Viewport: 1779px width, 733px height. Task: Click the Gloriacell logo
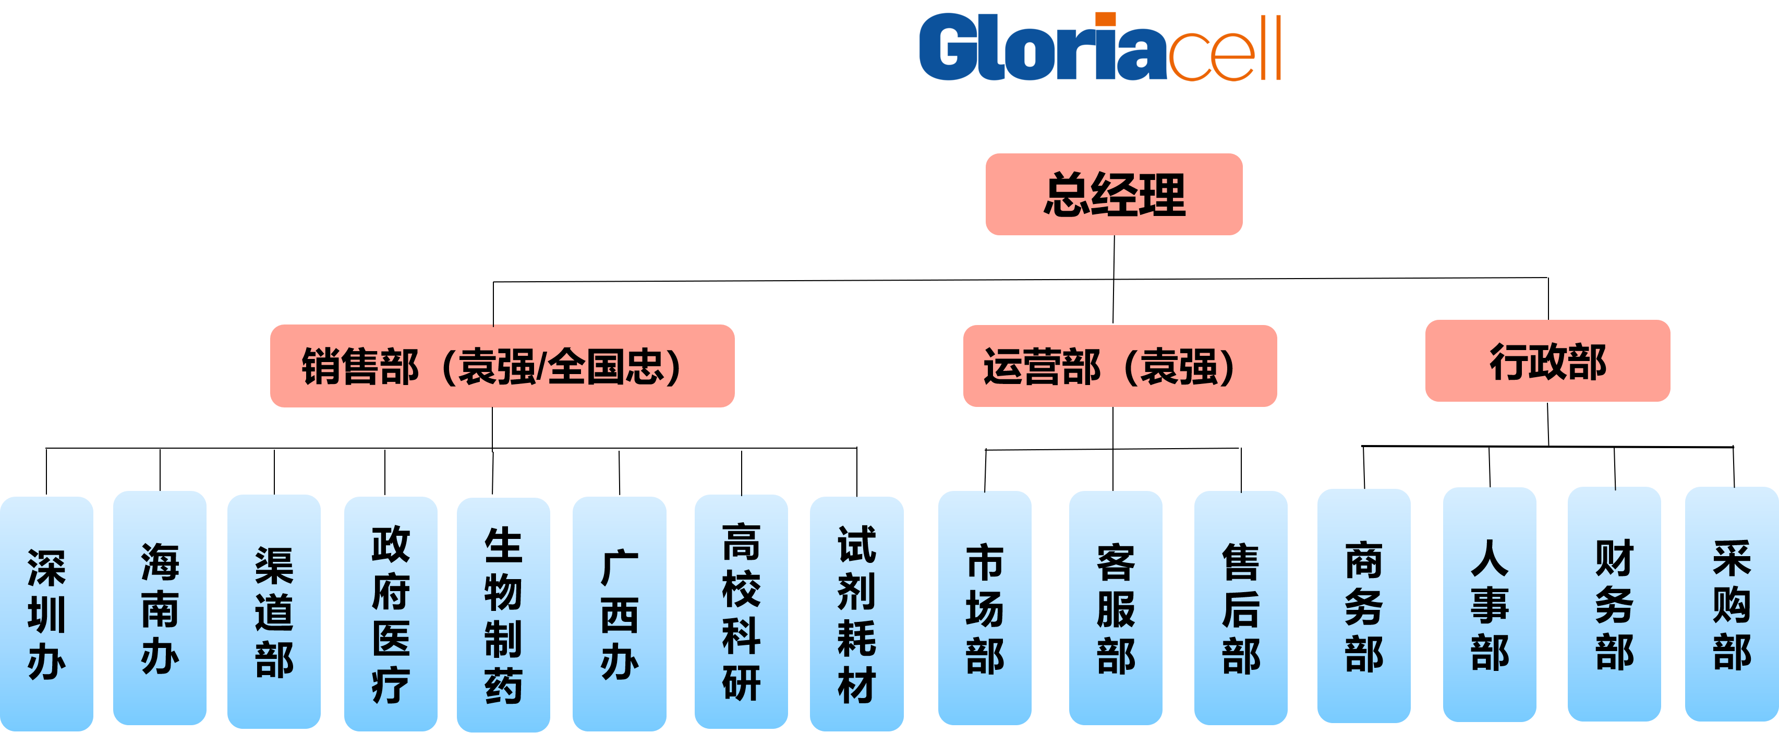click(1099, 47)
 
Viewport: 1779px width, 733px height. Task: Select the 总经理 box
click(1114, 194)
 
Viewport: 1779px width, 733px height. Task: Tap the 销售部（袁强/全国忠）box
click(502, 366)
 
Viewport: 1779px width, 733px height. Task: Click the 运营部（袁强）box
click(1119, 366)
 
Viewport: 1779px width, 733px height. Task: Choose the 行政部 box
click(1547, 361)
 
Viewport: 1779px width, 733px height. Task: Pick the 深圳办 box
click(46, 613)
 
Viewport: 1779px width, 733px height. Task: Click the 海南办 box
click(160, 608)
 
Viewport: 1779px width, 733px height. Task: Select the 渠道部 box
click(273, 611)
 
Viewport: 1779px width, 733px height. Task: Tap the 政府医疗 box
click(390, 614)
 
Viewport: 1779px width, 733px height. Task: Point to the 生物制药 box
click(503, 614)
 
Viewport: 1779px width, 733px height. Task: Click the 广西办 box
click(619, 614)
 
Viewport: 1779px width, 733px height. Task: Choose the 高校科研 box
click(741, 611)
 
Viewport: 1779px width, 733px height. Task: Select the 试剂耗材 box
click(856, 614)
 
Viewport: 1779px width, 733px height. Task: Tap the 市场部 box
click(984, 608)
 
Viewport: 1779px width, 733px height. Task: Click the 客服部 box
click(1115, 608)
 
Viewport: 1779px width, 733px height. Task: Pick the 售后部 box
click(1240, 608)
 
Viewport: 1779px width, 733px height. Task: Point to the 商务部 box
click(1363, 606)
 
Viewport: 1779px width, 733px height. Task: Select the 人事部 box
click(1489, 605)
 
